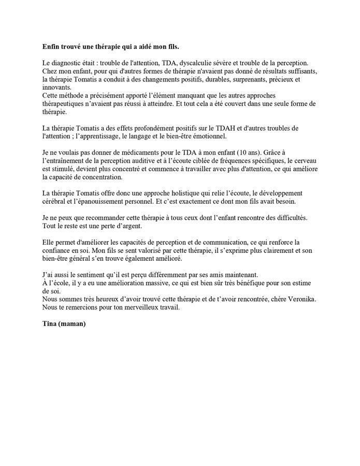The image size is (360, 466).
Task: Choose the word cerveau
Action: pos(303,161)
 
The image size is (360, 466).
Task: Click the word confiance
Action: pos(57,250)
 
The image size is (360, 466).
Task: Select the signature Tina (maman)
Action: pos(64,324)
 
